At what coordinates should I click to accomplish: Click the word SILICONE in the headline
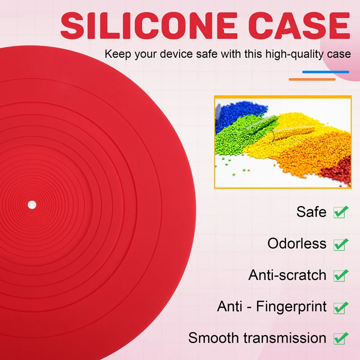149,25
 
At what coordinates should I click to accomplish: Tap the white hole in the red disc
32,205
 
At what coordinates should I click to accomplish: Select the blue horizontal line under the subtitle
325,72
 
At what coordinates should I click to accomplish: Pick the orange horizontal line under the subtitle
312,80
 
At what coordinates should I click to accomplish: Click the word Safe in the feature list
311,211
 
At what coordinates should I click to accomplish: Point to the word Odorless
297,243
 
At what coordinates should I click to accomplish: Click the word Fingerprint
291,307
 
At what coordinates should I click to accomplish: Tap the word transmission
285,338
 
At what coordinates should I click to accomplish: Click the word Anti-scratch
287,275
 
